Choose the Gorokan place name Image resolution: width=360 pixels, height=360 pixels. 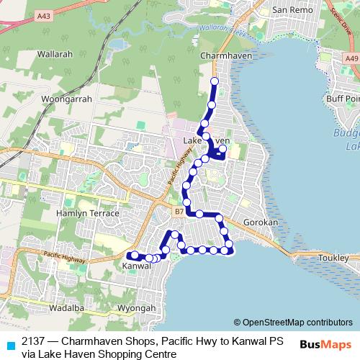point(260,223)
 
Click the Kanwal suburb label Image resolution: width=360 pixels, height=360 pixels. point(137,266)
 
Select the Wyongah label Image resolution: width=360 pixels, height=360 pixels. point(136,308)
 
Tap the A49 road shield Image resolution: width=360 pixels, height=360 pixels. point(351,59)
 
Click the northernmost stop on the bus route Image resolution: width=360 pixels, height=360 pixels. point(214,81)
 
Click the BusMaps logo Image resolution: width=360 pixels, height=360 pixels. point(325,344)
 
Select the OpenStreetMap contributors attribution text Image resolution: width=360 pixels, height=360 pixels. point(297,322)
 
